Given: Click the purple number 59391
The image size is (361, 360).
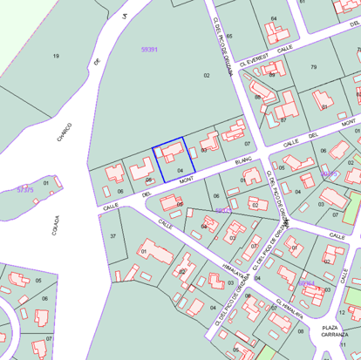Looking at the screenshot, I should [149, 50].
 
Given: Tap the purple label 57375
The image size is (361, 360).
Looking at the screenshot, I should [25, 189].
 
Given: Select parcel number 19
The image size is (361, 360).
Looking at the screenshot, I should [56, 56].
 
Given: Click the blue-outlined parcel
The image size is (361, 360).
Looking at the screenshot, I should [174, 163].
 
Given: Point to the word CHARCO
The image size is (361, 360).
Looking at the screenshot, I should [65, 132].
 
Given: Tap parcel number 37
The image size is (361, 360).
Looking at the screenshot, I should [112, 236].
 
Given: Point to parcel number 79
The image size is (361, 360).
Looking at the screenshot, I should [313, 67].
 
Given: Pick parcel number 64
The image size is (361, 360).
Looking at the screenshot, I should [274, 18].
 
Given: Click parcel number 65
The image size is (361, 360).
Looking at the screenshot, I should [229, 36].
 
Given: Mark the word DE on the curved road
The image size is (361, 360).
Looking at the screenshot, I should [97, 60].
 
